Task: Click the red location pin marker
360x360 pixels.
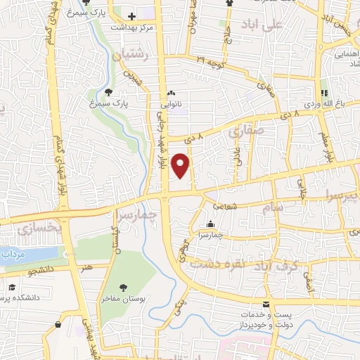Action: [x=182, y=167]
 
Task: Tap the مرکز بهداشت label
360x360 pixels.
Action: [x=132, y=27]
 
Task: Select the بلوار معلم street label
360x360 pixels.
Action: [x=326, y=144]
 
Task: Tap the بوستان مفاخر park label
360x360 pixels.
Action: [x=124, y=300]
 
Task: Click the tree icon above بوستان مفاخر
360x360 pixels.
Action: [x=124, y=288]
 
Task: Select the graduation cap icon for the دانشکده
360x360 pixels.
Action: [x=12, y=288]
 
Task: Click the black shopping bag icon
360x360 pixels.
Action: [x=57, y=324]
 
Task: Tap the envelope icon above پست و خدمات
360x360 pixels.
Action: [x=266, y=304]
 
